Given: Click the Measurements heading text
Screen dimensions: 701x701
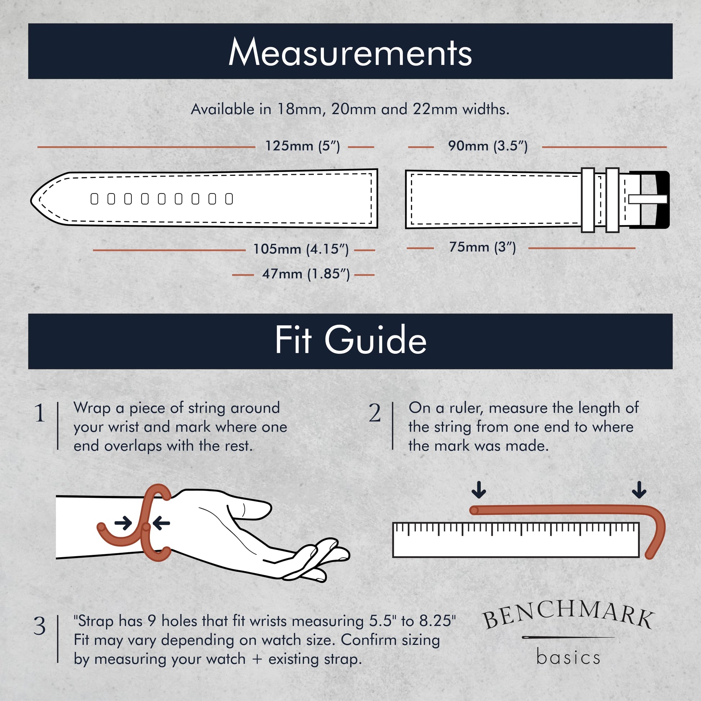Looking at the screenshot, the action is pos(350,53).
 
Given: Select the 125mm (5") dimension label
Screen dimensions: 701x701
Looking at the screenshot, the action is pos(303,146).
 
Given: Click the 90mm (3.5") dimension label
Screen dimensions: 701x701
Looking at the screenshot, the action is pos(488,146).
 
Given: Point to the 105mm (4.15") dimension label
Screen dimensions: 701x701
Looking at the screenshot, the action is pos(301,250).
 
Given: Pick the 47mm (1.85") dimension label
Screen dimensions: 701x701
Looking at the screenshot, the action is pos(306,274).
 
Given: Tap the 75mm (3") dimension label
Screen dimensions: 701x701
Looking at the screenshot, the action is pos(482,247).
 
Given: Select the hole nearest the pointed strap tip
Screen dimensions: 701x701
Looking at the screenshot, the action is pos(94,199).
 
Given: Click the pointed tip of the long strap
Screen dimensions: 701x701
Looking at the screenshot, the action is pos(31,200).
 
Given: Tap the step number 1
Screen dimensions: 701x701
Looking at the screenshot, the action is pos(40,413).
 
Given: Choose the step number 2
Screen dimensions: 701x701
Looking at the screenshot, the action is pos(375,413).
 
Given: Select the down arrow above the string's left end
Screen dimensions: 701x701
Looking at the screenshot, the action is pos(479,490).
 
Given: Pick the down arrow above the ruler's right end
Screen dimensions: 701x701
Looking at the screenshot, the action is pos(639,490).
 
